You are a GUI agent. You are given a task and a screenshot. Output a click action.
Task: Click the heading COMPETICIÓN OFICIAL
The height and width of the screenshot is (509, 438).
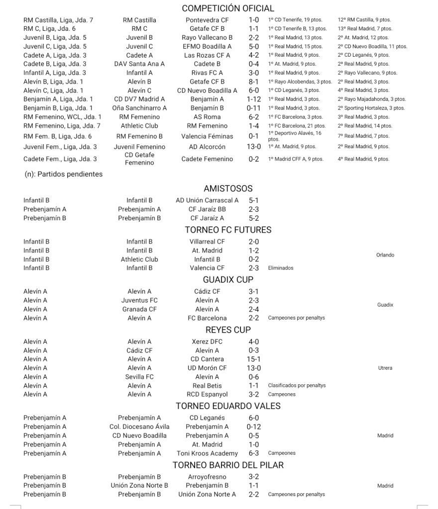[x=228, y=8]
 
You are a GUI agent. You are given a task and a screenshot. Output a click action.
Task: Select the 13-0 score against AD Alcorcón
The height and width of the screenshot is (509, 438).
[x=254, y=147]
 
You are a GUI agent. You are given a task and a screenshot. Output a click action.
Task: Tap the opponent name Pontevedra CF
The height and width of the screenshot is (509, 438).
[x=207, y=20]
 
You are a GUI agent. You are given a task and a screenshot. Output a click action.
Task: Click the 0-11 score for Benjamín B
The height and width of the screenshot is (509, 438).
[x=254, y=108]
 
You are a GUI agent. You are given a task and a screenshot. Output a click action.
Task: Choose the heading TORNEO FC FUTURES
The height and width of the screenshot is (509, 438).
[x=228, y=230]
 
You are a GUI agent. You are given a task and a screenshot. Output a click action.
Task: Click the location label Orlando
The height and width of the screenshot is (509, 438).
[x=385, y=255]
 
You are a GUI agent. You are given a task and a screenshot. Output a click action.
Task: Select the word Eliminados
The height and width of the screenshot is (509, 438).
[x=281, y=268]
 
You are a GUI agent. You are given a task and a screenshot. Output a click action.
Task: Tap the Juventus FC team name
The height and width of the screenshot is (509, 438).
[x=139, y=300]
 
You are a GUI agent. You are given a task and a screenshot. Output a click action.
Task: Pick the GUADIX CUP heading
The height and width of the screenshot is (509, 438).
[x=228, y=279]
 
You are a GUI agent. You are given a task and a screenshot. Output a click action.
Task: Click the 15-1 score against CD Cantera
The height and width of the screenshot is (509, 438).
[x=254, y=359]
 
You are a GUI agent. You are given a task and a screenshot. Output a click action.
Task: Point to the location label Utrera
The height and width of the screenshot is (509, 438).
[x=385, y=368]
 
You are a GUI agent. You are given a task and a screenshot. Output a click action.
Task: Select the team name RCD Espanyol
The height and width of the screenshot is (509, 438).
[x=207, y=394]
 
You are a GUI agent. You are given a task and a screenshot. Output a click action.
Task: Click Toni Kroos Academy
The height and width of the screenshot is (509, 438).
[x=207, y=453]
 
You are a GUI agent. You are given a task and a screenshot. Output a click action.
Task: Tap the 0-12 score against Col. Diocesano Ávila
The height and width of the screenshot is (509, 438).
[x=254, y=426]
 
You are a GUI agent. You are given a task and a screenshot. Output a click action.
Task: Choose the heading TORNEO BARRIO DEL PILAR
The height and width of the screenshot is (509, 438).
[x=228, y=465]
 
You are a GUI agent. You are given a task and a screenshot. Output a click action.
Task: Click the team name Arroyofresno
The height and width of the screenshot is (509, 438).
[x=207, y=477]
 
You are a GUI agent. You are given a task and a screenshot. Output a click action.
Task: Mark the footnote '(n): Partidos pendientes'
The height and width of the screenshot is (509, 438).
[x=63, y=174]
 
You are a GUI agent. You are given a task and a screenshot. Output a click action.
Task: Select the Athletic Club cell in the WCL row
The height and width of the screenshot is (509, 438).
[x=139, y=126]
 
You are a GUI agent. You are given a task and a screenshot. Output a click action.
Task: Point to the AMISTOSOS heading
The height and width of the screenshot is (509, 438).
[x=228, y=188]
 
